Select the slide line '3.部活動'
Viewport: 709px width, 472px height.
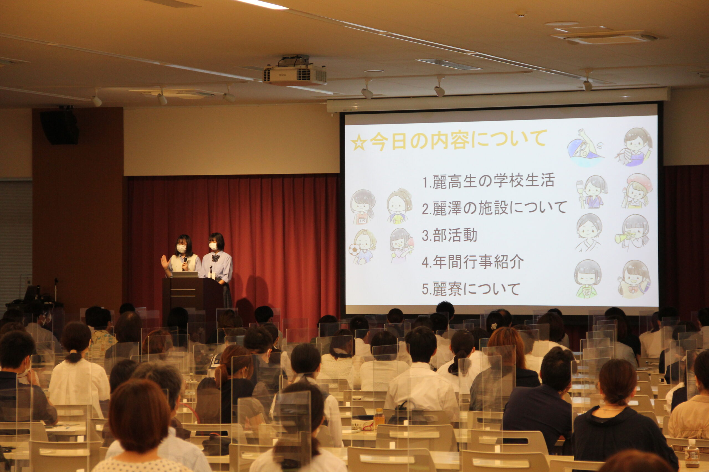[449, 235]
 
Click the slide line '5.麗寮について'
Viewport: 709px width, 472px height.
[471, 289]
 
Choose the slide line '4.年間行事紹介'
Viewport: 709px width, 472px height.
[472, 262]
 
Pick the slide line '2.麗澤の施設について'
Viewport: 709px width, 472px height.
[494, 208]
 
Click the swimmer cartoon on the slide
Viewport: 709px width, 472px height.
[585, 148]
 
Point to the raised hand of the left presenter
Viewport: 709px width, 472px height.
[165, 262]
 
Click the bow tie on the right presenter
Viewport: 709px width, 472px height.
[215, 258]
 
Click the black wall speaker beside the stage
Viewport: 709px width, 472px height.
[59, 127]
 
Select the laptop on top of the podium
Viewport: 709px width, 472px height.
[185, 274]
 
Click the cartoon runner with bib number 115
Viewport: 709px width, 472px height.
[363, 207]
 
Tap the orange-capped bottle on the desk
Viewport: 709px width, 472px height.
[379, 418]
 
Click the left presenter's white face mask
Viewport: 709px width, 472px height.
[181, 248]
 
